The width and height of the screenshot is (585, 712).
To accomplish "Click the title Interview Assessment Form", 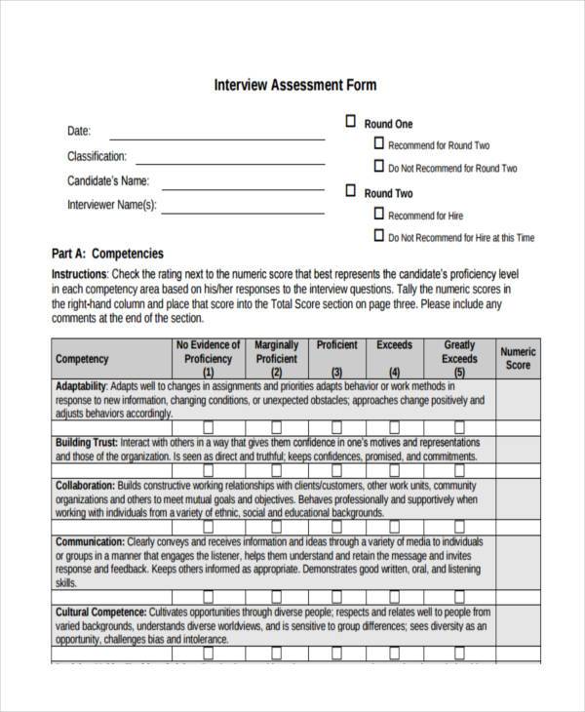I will (294, 85).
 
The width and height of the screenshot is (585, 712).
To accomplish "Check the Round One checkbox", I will (350, 123).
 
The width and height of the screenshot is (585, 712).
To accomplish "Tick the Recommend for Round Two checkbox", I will (378, 142).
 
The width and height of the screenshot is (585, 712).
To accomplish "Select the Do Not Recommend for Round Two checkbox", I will (378, 166).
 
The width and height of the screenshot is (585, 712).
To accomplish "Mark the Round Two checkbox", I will (350, 190).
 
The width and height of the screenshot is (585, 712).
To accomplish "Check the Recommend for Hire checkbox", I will (378, 213).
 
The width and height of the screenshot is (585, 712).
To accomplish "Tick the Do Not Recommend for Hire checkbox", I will (378, 235).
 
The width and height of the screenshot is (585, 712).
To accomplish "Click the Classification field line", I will (230, 161).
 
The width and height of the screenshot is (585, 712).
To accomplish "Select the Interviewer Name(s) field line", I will (243, 212).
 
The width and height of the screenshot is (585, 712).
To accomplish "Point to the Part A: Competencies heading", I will (107, 253).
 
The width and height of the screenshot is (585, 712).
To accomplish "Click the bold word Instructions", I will (79, 275).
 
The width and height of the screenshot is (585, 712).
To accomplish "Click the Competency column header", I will (82, 359).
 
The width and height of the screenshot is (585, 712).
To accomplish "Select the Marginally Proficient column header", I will (276, 358).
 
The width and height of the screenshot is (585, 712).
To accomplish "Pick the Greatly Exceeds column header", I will (459, 358).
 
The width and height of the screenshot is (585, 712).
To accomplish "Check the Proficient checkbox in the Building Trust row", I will (336, 427).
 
